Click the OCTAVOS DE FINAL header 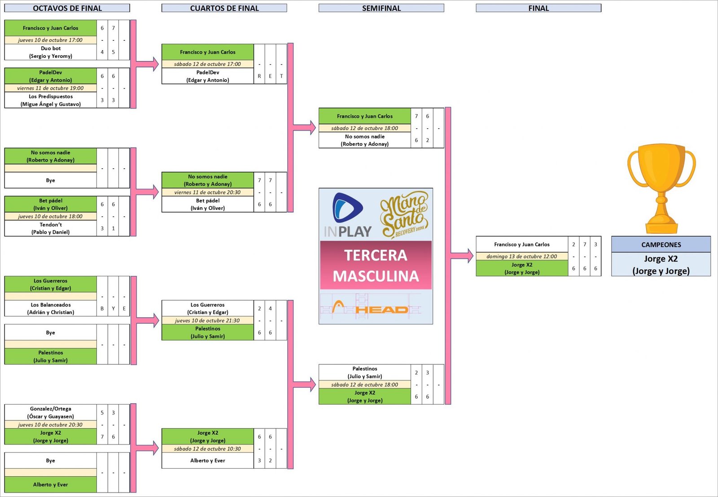point(67,8)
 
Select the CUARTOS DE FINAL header point(224,8)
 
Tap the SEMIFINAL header point(381,8)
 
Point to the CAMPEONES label point(661,244)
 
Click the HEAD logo point(381,309)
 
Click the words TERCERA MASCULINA point(376,265)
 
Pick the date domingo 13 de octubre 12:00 point(521,257)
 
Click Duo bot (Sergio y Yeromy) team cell point(51,52)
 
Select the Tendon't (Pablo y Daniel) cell point(51,228)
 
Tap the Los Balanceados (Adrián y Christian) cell point(51,309)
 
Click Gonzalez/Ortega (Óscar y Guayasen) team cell point(51,413)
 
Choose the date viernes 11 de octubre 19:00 point(51,88)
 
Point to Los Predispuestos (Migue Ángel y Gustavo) point(51,100)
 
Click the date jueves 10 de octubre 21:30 point(207,321)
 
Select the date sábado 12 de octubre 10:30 point(207,449)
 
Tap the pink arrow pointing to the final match point(462,256)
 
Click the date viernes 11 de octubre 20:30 point(207,192)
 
